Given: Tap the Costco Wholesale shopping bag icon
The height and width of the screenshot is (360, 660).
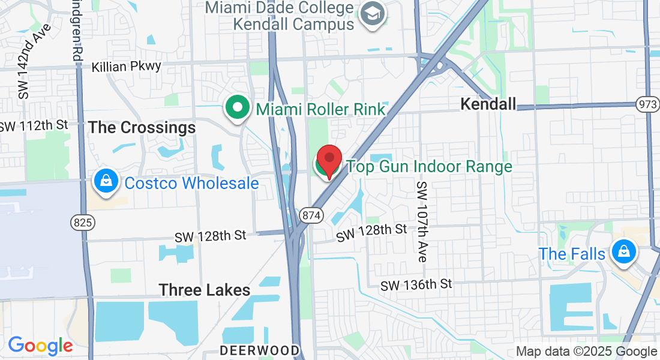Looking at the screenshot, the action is [x=105, y=181].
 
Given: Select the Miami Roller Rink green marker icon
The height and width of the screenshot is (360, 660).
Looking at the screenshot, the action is [x=238, y=109].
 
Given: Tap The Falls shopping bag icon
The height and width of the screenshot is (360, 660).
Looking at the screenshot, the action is [x=623, y=251].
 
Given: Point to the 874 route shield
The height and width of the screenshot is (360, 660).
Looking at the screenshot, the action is [x=312, y=215].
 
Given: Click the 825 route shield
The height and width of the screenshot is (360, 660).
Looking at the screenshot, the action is [x=82, y=223].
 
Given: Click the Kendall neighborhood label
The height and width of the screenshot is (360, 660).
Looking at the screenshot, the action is [x=488, y=104].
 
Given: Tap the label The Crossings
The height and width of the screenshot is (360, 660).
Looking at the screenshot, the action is [x=142, y=128].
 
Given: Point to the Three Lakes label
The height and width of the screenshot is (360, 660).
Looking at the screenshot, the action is [x=205, y=290].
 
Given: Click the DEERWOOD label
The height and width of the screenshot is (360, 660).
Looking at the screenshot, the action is [x=259, y=350].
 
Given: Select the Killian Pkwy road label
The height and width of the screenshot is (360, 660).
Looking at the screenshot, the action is [x=127, y=66].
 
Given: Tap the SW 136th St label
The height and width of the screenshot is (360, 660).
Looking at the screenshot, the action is [x=416, y=284].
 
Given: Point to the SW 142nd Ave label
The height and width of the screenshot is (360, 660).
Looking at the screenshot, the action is [x=34, y=62].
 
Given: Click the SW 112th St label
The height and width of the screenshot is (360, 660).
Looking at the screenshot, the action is [x=34, y=126].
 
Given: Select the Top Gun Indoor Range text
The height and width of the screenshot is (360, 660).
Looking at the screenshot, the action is [x=430, y=166].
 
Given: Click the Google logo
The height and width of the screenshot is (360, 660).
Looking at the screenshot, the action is [x=40, y=346].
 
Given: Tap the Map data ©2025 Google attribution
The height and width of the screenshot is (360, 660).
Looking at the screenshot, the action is [x=586, y=352].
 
